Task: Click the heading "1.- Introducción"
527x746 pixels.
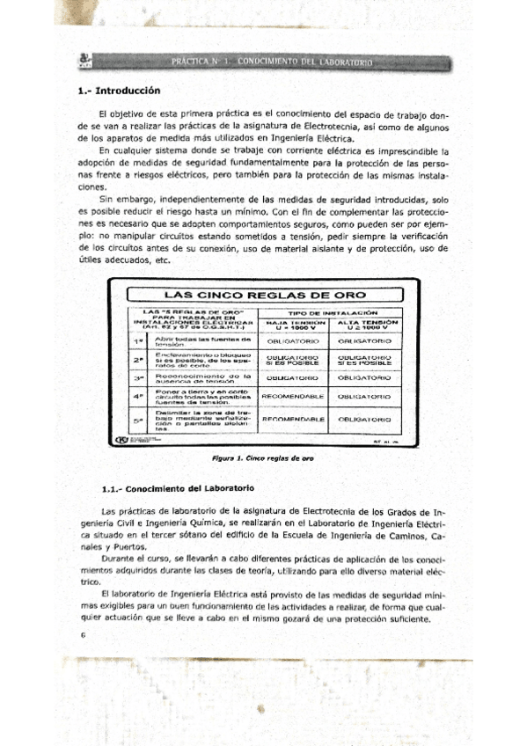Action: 120,90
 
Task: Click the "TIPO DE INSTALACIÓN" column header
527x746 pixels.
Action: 333,312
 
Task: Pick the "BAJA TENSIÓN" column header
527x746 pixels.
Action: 296,325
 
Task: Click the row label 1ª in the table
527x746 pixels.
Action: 138,340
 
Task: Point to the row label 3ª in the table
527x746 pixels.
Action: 138,377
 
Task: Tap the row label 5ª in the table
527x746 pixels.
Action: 138,420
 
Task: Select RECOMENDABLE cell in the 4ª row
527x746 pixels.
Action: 296,396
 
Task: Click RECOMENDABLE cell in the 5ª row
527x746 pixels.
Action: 296,420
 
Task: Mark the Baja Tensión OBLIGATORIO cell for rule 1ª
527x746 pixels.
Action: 296,340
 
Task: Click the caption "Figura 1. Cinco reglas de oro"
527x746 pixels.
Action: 263,458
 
